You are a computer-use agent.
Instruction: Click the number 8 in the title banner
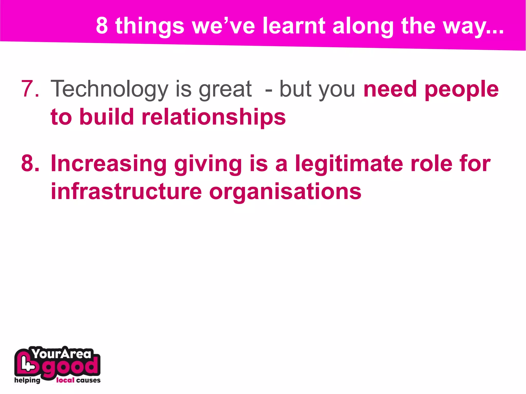point(102,25)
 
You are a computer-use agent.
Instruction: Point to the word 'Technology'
point(109,89)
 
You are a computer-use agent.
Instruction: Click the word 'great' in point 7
point(225,89)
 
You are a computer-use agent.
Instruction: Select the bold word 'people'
point(462,89)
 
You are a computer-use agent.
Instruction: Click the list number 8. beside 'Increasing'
point(30,163)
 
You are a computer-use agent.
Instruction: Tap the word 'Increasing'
point(109,163)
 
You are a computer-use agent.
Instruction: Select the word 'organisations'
point(285,192)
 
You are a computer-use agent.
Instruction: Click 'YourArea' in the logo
point(62,354)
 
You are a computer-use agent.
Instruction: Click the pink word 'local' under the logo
point(65,380)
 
